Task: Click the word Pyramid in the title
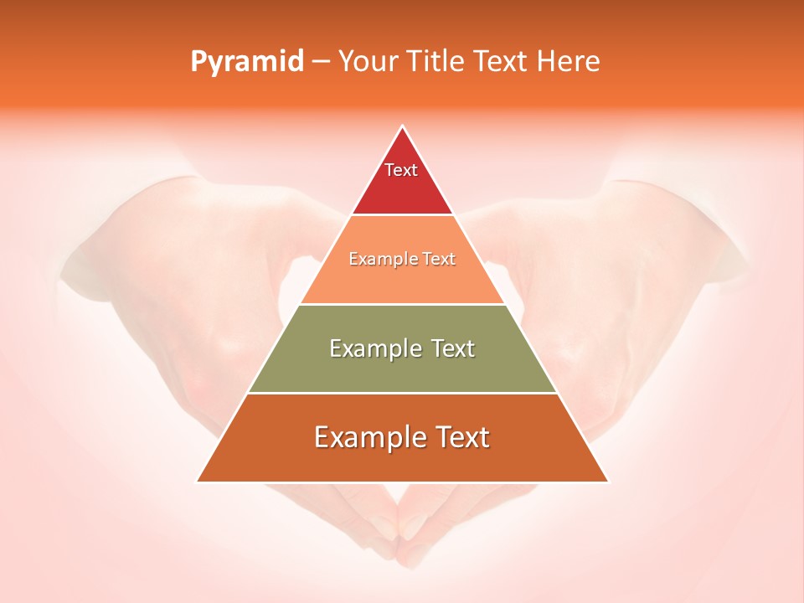(246, 62)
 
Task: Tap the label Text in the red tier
(401, 170)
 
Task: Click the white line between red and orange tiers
(402, 215)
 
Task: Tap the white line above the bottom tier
(402, 393)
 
